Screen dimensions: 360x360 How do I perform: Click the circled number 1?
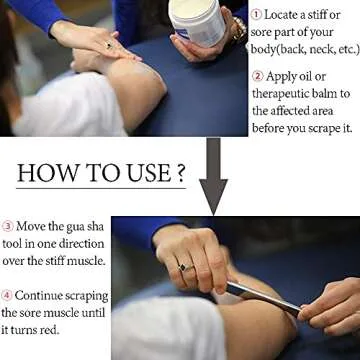(256, 14)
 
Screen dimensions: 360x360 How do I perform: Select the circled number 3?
(7, 226)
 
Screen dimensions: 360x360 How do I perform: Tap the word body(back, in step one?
(284, 50)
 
